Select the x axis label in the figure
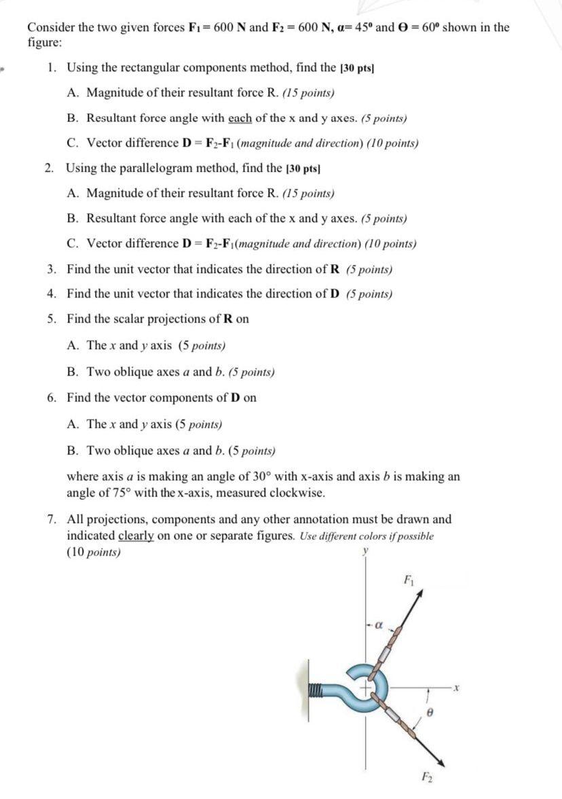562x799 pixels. [457, 688]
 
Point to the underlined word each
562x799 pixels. [240, 118]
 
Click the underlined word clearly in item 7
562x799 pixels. [138, 535]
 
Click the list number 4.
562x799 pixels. [51, 294]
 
